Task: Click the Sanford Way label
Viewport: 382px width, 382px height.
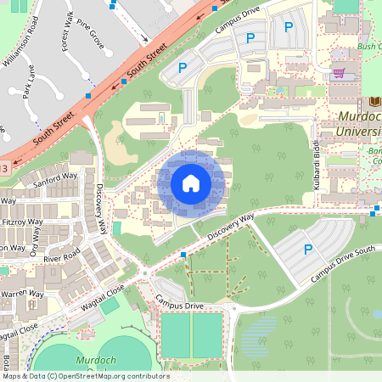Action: [x=54, y=180]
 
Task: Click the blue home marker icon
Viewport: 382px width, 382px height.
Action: [x=191, y=183]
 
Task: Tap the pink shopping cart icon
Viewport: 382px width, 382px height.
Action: [x=339, y=73]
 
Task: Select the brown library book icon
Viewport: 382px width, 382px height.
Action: [x=375, y=101]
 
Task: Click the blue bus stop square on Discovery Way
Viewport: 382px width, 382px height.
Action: [x=183, y=254]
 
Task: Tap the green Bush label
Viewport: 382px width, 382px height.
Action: [x=368, y=48]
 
